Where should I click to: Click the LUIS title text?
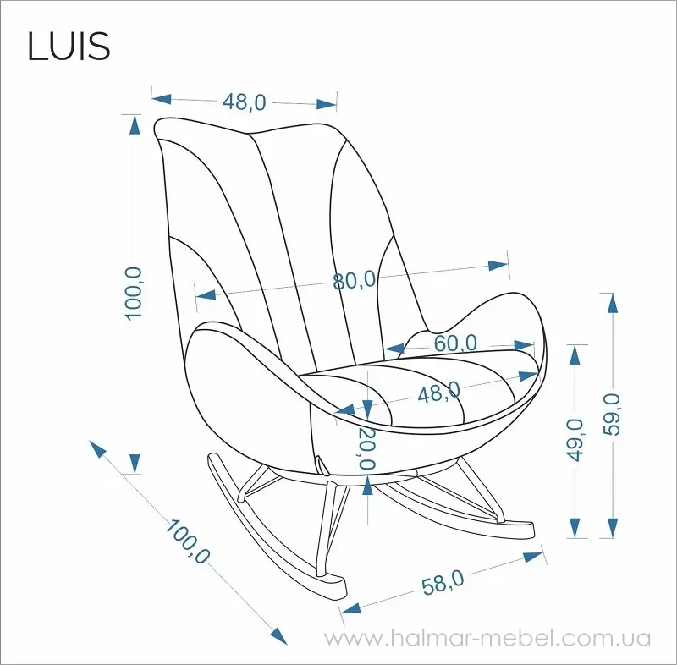pos(69,46)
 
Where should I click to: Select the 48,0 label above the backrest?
pos(245,102)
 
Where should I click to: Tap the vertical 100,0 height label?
pos(134,293)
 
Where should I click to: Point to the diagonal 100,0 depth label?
pos(187,541)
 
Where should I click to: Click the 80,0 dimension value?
pos(355,281)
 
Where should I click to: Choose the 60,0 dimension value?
pos(455,343)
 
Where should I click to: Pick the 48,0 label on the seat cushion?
pos(438,393)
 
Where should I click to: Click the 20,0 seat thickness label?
pos(366,448)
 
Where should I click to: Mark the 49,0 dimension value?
pos(575,440)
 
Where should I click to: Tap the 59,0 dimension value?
pos(612,415)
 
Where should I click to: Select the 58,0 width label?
pos(443,583)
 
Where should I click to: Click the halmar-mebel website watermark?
pos(487,638)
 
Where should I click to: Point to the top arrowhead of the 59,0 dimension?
pos(612,303)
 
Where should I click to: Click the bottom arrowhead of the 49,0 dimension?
pos(575,528)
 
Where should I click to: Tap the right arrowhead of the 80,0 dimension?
pos(498,265)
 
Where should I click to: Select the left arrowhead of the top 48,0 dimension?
pos(161,99)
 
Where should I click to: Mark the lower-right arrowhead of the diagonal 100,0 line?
pos(279,636)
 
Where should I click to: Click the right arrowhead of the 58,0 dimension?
pos(533,557)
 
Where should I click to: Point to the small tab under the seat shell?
pos(322,465)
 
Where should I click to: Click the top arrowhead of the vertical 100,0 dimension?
pos(135,124)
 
